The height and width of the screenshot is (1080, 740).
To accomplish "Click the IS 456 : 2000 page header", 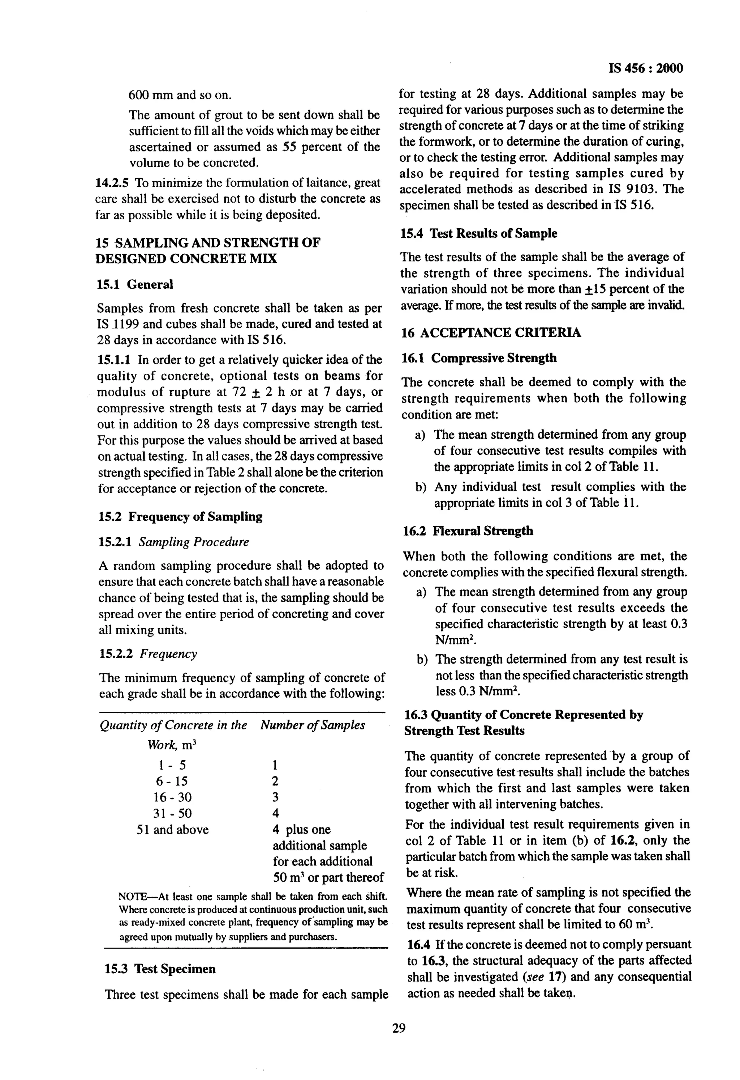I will [645, 69].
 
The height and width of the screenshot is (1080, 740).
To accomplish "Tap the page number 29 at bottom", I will [398, 1028].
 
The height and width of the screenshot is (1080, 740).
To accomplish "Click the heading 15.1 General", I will [135, 284].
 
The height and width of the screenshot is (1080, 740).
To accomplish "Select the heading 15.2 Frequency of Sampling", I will [180, 516].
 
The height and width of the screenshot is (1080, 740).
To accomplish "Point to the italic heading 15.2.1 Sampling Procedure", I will [174, 542].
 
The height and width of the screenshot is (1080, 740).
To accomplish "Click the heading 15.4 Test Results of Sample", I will [478, 233].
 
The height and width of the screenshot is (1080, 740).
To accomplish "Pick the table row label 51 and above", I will [173, 830].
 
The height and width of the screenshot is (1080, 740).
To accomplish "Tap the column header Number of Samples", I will [313, 725].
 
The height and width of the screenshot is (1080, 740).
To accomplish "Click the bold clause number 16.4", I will [416, 944].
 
